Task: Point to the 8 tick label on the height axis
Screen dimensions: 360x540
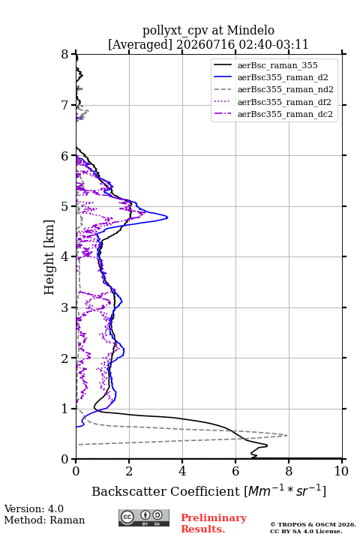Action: tap(65, 55)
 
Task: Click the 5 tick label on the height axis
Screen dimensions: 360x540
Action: tap(65, 206)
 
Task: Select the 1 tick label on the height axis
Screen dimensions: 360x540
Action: tap(65, 409)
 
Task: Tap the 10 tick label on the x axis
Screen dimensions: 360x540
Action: tap(341, 471)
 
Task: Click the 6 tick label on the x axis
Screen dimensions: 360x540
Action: tap(235, 471)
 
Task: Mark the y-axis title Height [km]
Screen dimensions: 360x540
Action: tap(49, 257)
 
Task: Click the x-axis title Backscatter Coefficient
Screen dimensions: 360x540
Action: tap(166, 491)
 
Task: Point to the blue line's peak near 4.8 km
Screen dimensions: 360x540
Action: tap(167, 217)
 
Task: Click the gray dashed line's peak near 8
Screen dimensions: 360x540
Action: tap(287, 435)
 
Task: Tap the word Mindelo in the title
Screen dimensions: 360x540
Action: tap(250, 30)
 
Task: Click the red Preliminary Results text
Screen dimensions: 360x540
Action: tap(214, 523)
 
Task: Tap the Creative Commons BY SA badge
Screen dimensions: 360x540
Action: tap(144, 518)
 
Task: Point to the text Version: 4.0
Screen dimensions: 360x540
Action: tap(34, 508)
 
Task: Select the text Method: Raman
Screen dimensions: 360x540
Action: tap(44, 520)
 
